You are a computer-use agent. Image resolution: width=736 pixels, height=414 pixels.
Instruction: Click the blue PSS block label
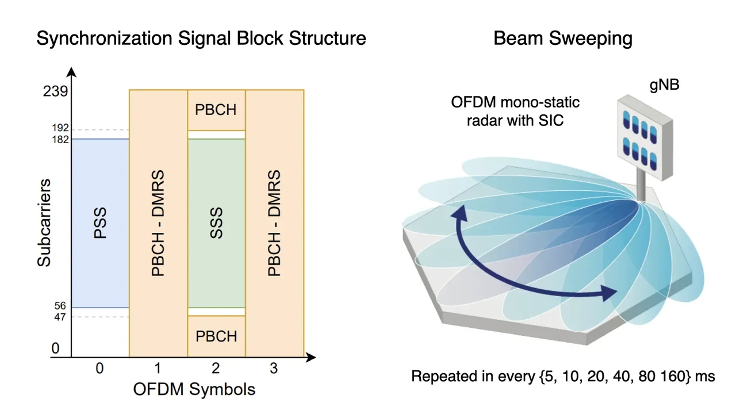click(100, 224)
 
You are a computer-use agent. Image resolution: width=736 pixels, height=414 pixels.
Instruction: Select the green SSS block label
click(216, 224)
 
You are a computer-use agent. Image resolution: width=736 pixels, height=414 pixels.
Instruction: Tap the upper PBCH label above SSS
click(216, 109)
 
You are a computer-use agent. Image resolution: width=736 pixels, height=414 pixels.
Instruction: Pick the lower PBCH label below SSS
click(216, 336)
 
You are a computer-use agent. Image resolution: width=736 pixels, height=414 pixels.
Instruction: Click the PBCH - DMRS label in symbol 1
click(158, 223)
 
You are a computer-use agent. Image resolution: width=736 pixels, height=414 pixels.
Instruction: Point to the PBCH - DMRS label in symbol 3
click(274, 223)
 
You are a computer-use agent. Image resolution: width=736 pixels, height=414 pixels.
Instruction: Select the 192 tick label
click(59, 128)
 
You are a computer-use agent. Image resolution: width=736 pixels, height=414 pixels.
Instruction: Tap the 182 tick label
click(59, 139)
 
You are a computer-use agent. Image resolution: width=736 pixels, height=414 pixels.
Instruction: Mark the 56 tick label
click(60, 306)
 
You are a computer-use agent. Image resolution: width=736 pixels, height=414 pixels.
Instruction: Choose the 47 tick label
click(60, 317)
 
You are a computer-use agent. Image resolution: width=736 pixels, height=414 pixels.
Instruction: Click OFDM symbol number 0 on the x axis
click(99, 369)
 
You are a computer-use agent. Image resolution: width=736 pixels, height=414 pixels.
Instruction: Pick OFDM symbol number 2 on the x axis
click(216, 369)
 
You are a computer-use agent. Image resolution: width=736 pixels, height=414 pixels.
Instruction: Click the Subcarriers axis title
click(44, 223)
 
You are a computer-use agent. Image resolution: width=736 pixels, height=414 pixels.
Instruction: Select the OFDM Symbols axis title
click(194, 389)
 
